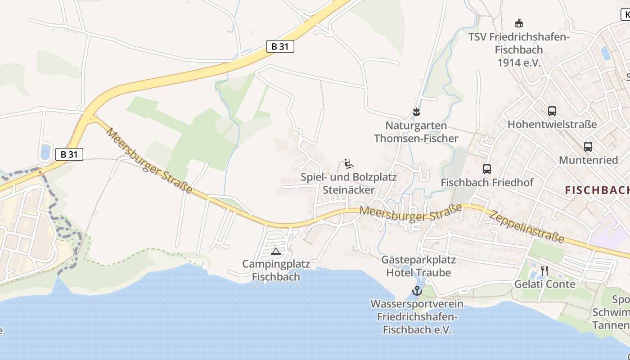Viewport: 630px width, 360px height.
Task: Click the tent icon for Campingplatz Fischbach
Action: click(276, 251)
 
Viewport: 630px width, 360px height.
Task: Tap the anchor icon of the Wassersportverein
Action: click(417, 291)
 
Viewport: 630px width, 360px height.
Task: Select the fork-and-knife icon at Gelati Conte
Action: click(544, 270)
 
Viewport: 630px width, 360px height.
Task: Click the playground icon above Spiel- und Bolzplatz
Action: click(349, 164)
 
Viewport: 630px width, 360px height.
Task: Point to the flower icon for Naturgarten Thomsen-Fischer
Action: click(416, 112)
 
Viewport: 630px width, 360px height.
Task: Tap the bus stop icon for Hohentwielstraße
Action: click(552, 111)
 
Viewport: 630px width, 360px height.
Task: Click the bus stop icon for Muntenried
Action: click(588, 147)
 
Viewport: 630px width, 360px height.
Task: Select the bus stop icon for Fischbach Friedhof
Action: click(486, 169)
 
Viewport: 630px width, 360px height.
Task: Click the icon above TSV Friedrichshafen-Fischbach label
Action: click(519, 23)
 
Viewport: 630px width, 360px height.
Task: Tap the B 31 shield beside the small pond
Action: click(69, 154)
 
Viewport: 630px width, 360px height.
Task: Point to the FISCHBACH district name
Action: click(597, 190)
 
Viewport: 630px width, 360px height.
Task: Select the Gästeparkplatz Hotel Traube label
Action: click(418, 266)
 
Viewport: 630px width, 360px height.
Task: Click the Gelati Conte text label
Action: click(545, 284)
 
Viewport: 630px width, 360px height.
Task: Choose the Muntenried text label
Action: click(588, 160)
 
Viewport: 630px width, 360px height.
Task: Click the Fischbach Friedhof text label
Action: click(487, 183)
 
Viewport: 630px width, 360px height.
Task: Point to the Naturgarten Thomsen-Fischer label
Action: click(416, 132)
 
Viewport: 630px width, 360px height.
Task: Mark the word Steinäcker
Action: click(348, 190)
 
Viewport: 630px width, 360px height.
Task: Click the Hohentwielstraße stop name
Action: click(552, 124)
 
